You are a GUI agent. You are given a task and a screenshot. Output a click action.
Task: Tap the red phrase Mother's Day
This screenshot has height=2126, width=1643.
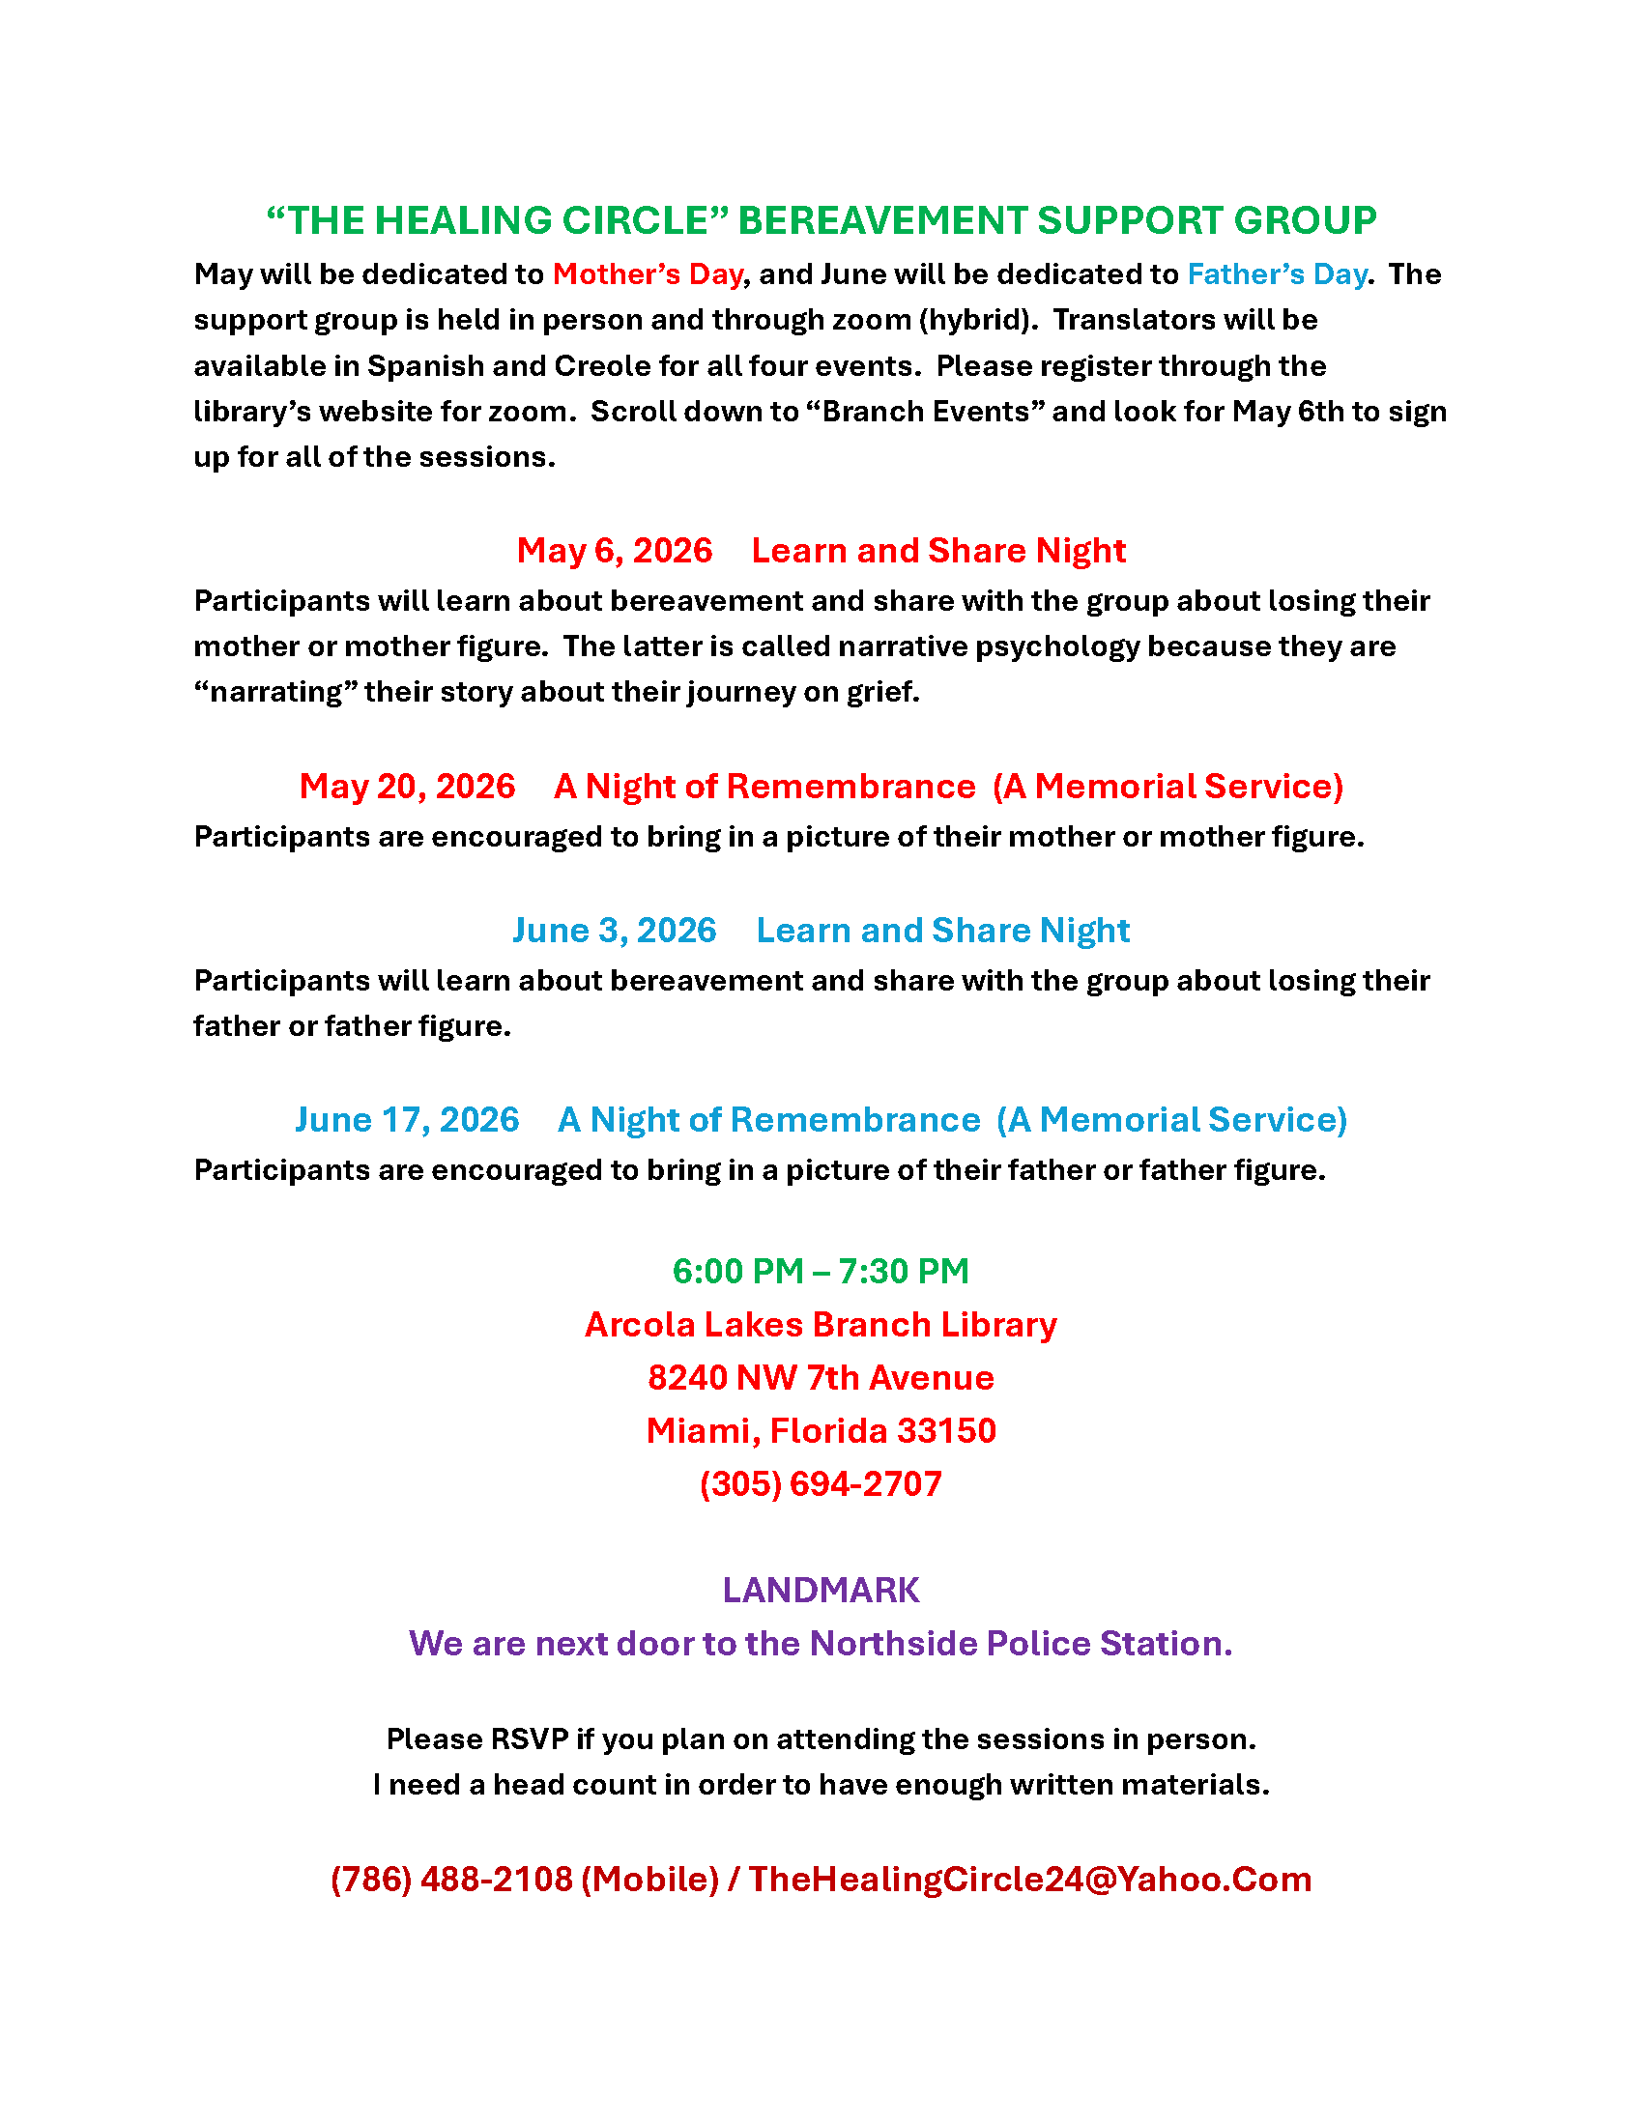tap(648, 274)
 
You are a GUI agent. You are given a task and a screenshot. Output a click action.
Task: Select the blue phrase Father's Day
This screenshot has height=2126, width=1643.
tap(1276, 274)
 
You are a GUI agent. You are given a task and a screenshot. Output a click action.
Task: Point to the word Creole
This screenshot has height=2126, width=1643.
tap(602, 366)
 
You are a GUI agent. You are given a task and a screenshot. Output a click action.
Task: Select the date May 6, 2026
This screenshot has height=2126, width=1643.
tap(614, 551)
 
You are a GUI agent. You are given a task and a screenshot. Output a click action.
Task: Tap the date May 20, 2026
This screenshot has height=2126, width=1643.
tap(407, 787)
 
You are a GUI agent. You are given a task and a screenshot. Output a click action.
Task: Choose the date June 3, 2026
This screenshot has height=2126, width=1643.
tap(614, 931)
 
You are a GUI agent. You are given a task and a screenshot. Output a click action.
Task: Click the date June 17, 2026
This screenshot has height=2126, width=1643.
tap(407, 1119)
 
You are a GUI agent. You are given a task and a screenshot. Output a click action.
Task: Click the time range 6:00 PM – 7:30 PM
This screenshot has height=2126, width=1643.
tap(821, 1272)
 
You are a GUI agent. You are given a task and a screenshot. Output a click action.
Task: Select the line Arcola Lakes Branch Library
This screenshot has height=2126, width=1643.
tap(821, 1325)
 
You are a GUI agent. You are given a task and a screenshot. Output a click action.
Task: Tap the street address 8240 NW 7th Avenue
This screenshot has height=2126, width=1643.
tap(821, 1378)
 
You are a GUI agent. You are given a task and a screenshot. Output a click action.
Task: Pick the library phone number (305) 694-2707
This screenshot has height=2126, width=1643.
tap(821, 1484)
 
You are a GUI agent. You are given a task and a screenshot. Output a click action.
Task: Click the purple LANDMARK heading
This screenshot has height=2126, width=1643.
tap(821, 1591)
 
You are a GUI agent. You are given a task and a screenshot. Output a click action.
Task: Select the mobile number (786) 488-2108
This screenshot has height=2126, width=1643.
tap(451, 1880)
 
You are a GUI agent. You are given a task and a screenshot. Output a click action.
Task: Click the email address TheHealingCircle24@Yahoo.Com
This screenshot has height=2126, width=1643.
tap(1030, 1880)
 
